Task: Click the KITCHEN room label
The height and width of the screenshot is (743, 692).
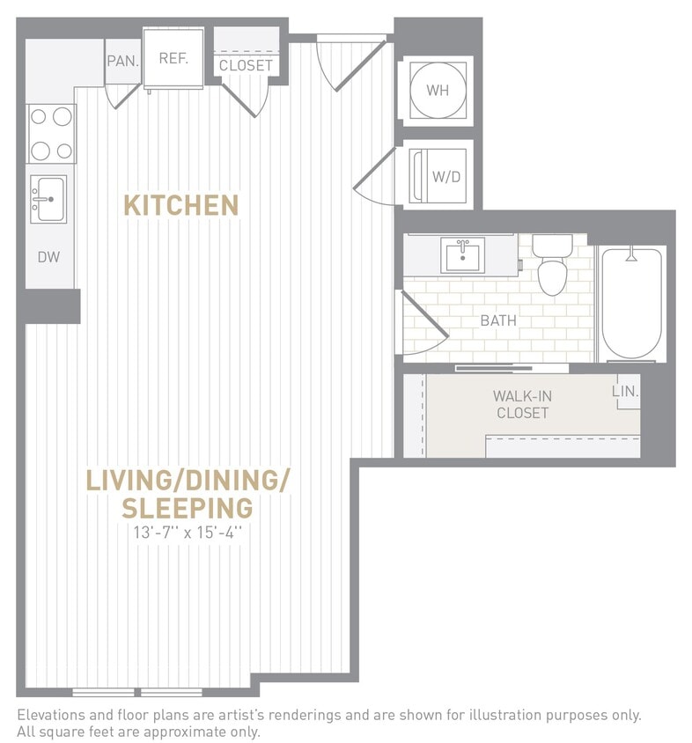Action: click(x=180, y=205)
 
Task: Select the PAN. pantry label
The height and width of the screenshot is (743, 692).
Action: click(x=121, y=61)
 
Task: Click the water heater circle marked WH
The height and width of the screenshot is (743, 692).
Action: click(x=438, y=91)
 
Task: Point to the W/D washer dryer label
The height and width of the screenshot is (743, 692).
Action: click(x=446, y=176)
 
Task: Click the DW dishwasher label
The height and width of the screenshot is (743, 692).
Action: click(x=48, y=257)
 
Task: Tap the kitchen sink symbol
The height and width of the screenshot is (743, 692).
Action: click(x=48, y=199)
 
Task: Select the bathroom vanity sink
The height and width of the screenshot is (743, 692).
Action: click(x=462, y=256)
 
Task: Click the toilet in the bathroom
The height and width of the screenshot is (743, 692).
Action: click(x=552, y=268)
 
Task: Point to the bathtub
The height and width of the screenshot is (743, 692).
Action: click(x=631, y=304)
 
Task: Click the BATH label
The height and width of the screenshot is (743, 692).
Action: click(x=498, y=320)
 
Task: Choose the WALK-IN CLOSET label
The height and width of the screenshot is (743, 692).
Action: click(x=522, y=404)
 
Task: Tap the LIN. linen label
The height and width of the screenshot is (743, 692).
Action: click(x=625, y=391)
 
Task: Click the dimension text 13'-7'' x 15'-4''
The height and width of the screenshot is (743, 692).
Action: click(x=188, y=532)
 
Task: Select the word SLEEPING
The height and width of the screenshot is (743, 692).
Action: click(x=188, y=508)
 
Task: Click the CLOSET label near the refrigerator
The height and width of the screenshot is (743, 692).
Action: click(x=246, y=66)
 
